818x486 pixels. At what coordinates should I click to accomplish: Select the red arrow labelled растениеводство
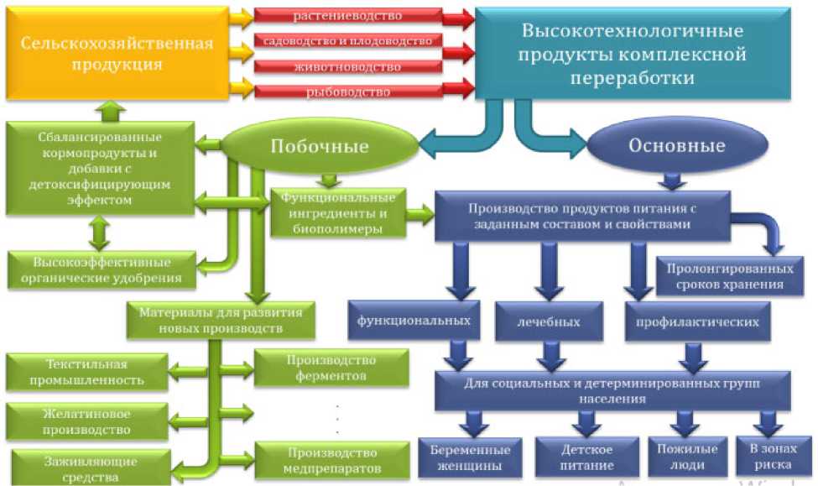[347, 16]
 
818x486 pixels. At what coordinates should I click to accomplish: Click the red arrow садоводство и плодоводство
[347, 40]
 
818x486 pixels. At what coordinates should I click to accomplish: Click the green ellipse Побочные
[320, 146]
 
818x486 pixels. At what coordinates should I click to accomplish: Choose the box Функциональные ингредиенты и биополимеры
[337, 212]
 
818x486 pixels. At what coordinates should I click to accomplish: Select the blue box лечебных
[550, 321]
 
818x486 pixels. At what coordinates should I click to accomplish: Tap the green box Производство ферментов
[331, 368]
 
